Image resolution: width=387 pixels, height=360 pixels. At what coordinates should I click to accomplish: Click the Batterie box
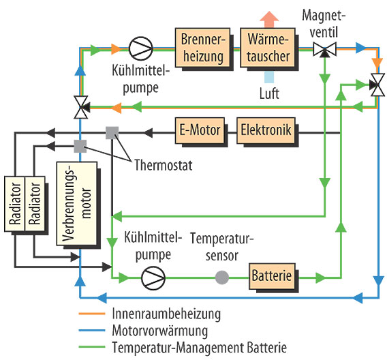[273, 277]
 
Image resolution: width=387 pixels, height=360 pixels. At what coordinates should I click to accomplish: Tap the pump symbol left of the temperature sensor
[151, 277]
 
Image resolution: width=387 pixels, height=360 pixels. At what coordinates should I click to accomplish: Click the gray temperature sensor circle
[221, 277]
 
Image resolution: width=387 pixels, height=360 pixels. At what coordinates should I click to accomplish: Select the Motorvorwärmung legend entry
[145, 331]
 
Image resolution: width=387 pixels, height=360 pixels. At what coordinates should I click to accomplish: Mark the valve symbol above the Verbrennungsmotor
[80, 106]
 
